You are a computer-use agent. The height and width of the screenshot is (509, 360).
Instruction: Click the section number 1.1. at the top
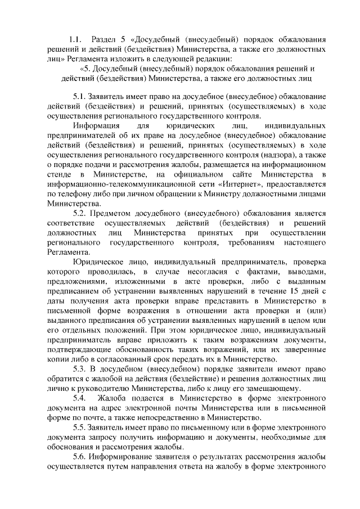(75, 40)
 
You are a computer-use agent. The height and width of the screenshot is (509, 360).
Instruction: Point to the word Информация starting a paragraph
(94, 125)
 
